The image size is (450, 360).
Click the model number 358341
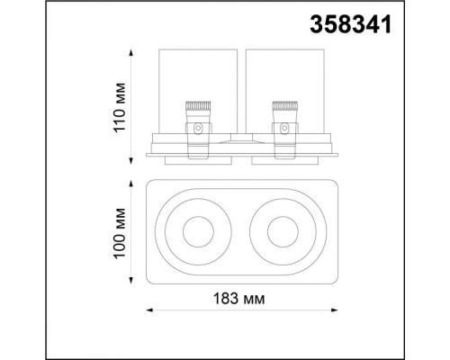pyautogui.click(x=351, y=24)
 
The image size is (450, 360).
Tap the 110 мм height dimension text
pyautogui.click(x=119, y=107)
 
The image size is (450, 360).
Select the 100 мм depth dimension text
pyautogui.click(x=119, y=233)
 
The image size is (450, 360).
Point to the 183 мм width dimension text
pyautogui.click(x=238, y=299)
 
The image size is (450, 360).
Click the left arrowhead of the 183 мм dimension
pyautogui.click(x=149, y=310)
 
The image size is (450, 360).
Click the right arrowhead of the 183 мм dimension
pyautogui.click(x=334, y=310)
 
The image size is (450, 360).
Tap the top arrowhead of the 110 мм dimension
pyautogui.click(x=130, y=53)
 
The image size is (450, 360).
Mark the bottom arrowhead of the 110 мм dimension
pyautogui.click(x=130, y=161)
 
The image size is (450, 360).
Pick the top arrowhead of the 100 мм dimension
pyautogui.click(x=130, y=184)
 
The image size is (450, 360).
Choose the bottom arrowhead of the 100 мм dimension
pyautogui.click(x=130, y=280)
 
